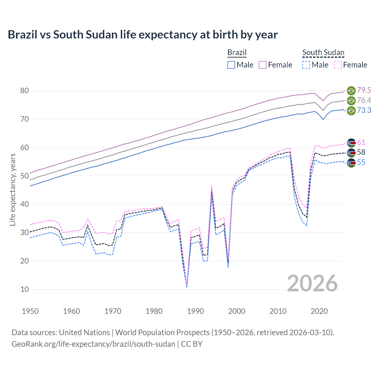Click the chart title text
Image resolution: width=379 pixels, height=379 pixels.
[x=143, y=35]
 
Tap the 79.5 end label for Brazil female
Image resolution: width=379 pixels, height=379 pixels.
[x=364, y=90]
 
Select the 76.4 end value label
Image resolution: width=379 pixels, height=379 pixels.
[x=364, y=100]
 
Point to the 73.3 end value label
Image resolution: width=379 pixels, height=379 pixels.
[x=364, y=110]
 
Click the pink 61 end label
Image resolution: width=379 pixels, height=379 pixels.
[x=361, y=142]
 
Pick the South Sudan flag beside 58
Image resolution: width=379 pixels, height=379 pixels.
[x=351, y=153]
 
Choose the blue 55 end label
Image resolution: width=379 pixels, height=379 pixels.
[x=361, y=162]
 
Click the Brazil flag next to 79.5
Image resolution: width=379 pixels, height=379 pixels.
[x=351, y=90]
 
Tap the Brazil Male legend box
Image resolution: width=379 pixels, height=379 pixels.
[x=231, y=65]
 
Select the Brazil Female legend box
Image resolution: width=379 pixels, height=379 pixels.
[x=263, y=65]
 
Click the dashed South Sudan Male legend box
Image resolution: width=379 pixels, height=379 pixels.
[x=306, y=65]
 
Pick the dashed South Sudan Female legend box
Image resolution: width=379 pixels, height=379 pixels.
[x=338, y=65]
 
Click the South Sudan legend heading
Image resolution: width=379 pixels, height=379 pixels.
[x=323, y=53]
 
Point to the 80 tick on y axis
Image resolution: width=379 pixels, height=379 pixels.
[x=25, y=91]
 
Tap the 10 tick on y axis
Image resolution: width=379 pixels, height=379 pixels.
[x=25, y=289]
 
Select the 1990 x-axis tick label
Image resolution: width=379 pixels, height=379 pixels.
[x=195, y=311]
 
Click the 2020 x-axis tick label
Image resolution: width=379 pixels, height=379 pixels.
[x=319, y=311]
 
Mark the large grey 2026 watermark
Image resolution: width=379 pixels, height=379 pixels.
[x=312, y=283]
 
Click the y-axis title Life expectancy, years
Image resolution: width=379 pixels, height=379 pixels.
[x=12, y=189]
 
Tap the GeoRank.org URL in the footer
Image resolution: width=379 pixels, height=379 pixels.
[x=93, y=344]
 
